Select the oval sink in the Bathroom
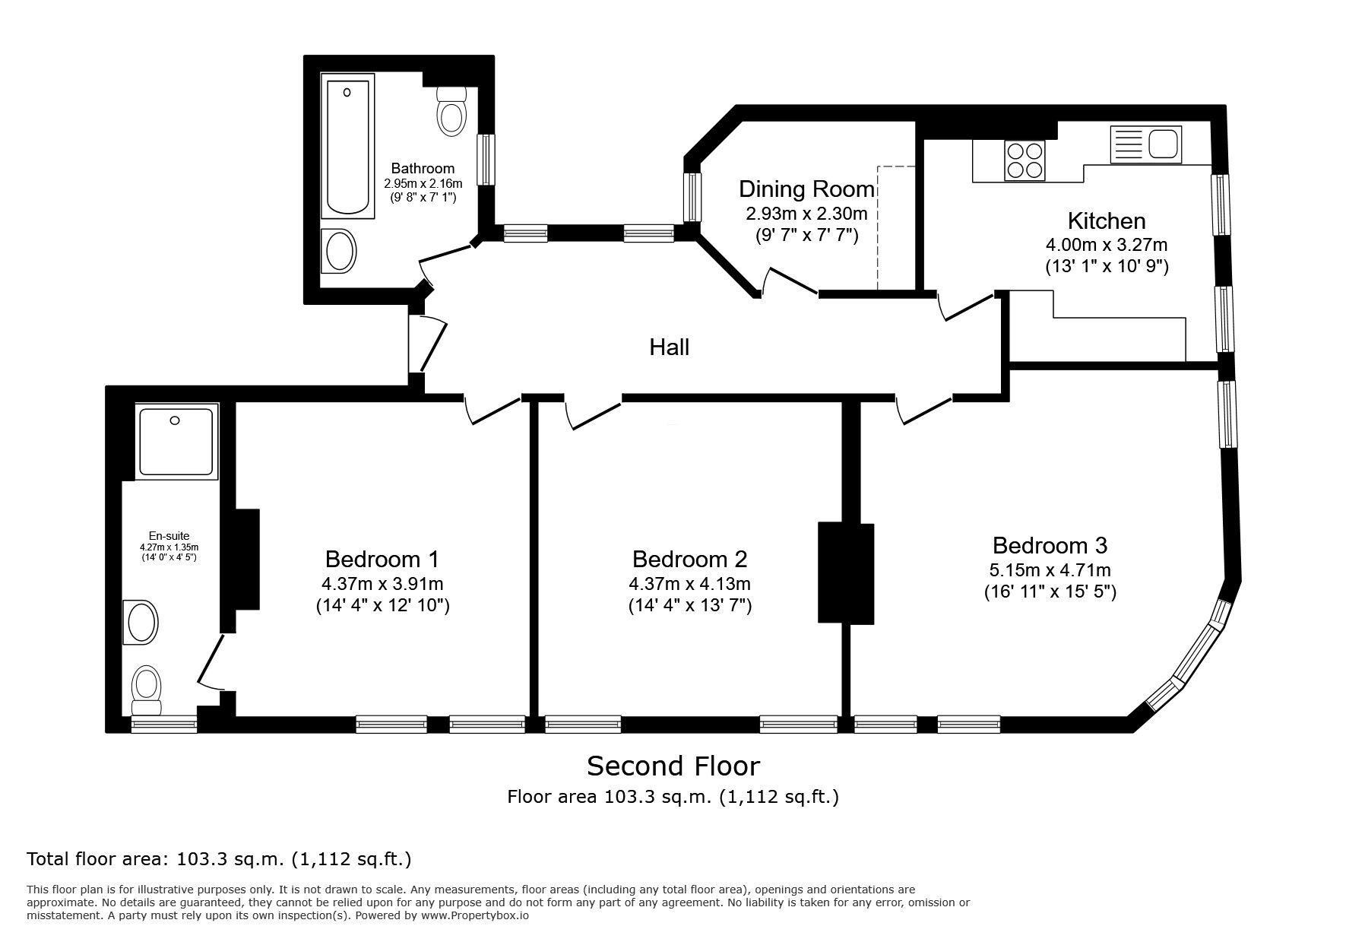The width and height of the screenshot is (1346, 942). tap(339, 250)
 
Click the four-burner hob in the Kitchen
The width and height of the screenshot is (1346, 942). tap(1025, 160)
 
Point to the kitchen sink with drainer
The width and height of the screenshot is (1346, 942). tap(1146, 144)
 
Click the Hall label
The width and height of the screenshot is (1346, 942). tap(669, 347)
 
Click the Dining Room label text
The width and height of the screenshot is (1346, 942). tap(806, 189)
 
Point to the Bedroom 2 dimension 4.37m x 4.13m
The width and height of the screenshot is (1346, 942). tap(689, 584)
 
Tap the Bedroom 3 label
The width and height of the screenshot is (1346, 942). tap(1050, 545)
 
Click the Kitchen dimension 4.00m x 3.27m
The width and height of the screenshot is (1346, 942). tap(1107, 245)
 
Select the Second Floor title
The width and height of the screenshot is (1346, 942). tap(673, 766)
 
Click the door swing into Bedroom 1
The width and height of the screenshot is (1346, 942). tap(490, 411)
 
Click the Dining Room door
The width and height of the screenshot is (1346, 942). tap(790, 281)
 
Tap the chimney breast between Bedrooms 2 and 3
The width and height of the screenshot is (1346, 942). tap(846, 573)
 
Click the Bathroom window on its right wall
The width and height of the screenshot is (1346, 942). tap(486, 159)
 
